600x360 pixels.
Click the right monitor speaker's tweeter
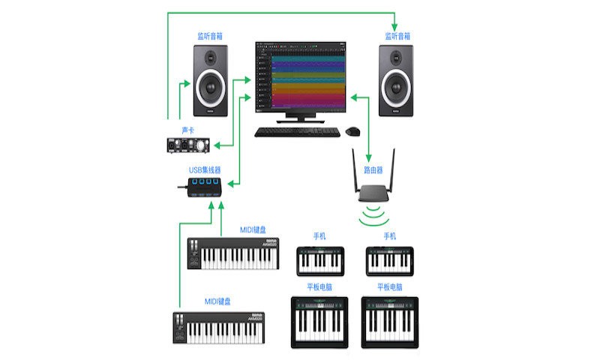395,58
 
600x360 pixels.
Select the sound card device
188,144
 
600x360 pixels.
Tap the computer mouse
352,132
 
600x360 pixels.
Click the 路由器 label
373,170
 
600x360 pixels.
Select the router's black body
373,193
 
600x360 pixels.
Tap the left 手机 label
319,235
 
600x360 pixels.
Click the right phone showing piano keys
390,260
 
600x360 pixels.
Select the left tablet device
319,322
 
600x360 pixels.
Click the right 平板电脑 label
390,287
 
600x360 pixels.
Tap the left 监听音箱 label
211,35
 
